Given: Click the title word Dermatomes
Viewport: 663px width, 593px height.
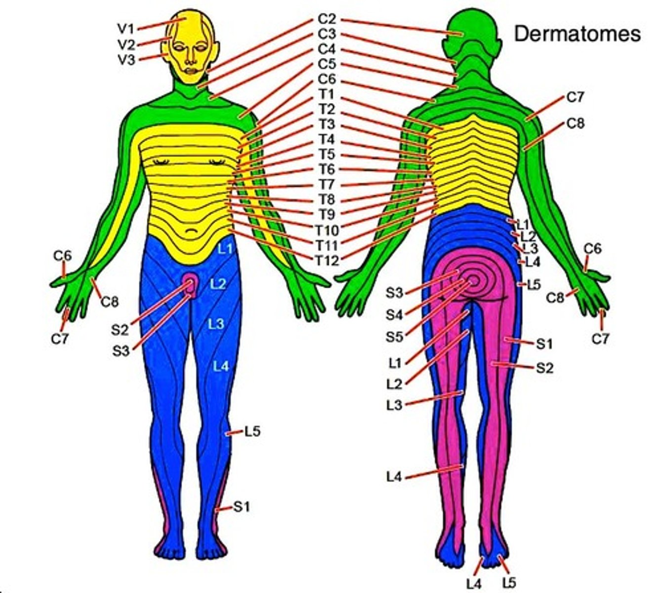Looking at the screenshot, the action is coord(578,34).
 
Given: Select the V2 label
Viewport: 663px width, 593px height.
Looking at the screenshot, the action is coord(126,44).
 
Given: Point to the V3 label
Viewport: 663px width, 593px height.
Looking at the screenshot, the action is coord(126,60).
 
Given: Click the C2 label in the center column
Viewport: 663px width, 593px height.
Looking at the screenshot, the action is coord(327,19).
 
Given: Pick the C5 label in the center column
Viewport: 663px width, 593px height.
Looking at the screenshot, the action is coord(327,64).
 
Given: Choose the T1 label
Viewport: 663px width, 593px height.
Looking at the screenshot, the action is coord(326,94).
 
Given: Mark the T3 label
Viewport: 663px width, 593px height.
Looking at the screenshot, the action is coord(326,124).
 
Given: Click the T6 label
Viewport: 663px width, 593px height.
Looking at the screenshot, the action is coord(326,169).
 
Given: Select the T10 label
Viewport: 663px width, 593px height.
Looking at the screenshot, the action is coord(326,230).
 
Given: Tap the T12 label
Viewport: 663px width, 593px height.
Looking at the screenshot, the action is coord(326,260).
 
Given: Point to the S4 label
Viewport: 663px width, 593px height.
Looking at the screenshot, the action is coord(394,314).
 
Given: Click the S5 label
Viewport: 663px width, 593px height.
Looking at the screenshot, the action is coord(394,337).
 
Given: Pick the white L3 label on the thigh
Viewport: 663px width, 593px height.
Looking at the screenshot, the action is coord(216,324).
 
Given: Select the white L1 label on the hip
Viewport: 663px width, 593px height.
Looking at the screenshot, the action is coord(225,249).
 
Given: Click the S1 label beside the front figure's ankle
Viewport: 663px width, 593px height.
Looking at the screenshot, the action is coord(242,507).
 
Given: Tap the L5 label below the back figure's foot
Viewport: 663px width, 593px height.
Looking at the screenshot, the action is coord(508,583).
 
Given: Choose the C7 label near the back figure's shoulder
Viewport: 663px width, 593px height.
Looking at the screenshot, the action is coord(575,97).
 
